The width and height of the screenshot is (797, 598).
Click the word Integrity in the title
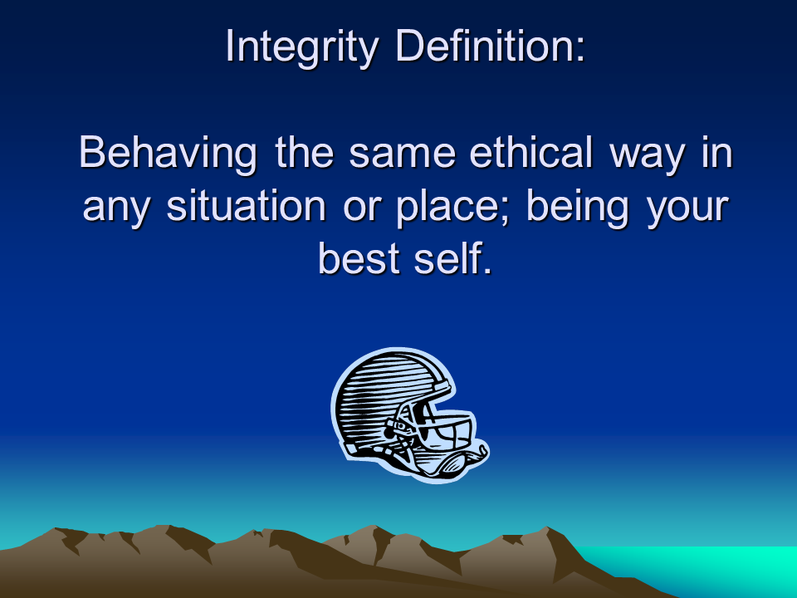coord(302,47)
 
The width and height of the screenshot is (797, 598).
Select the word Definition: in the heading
coord(491,46)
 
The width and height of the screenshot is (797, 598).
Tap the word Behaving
coord(168,153)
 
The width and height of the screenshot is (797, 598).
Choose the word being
coord(578,208)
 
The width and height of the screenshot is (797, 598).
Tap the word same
coord(402,155)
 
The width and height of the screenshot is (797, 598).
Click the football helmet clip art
coord(409,415)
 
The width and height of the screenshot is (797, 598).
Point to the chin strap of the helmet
coord(452,461)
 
